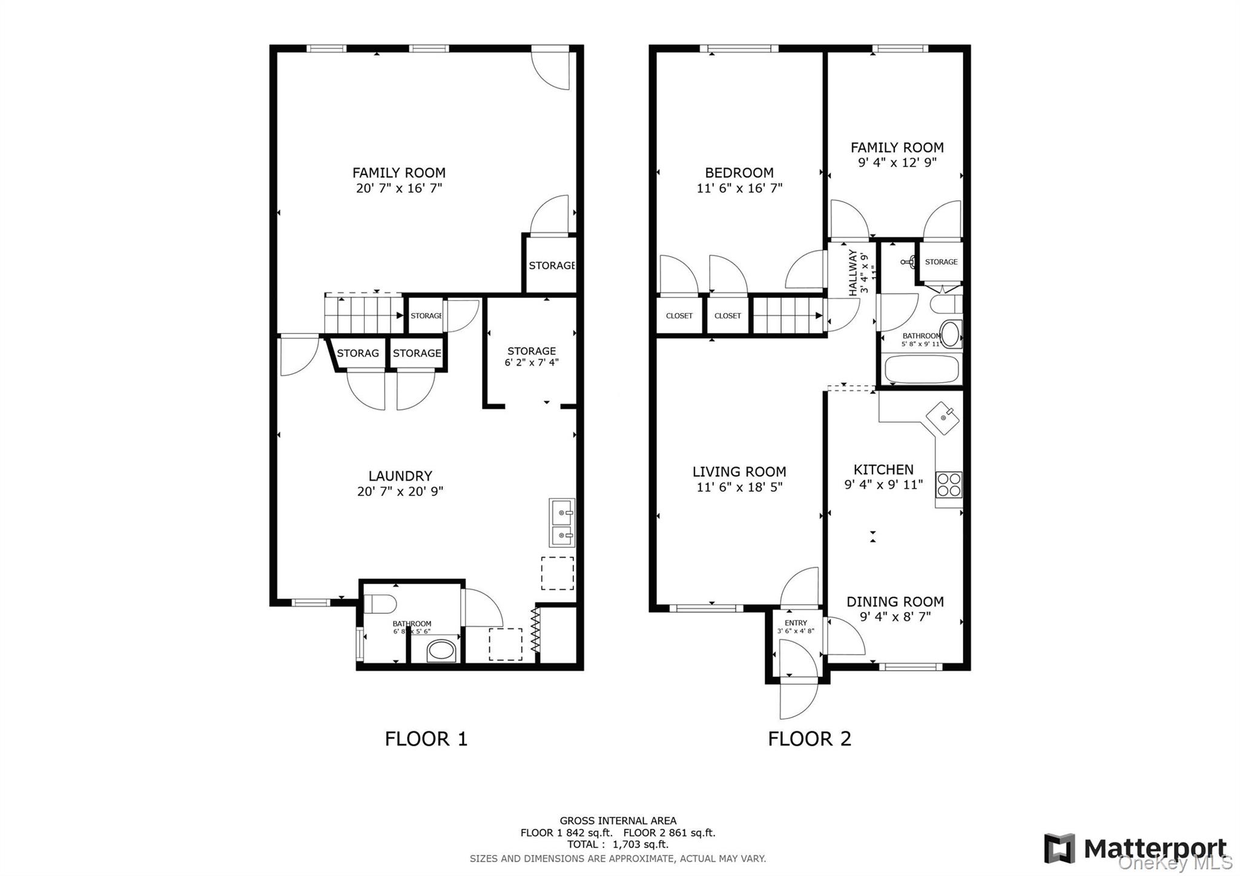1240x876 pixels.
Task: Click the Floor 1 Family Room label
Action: coord(398,173)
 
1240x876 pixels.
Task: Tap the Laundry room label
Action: coord(400,476)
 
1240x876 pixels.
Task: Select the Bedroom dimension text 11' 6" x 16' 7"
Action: coord(739,188)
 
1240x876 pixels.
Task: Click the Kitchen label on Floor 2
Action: coord(883,469)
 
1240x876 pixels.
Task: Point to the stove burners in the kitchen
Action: coord(948,485)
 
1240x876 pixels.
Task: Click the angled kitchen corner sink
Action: coord(943,417)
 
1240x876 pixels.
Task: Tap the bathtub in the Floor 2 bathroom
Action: coord(922,369)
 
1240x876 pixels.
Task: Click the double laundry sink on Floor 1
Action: coord(562,523)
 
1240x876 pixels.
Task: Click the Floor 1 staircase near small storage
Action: coord(363,314)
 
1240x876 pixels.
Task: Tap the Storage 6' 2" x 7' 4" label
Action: coord(532,357)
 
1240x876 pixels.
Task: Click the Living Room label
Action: coord(739,472)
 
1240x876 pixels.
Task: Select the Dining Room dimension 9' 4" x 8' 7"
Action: coord(895,617)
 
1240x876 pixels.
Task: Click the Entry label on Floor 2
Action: coord(796,623)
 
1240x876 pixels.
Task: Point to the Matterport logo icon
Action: coord(1059,848)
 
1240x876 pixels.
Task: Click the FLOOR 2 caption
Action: coord(810,739)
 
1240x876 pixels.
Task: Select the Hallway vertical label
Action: coord(853,272)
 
